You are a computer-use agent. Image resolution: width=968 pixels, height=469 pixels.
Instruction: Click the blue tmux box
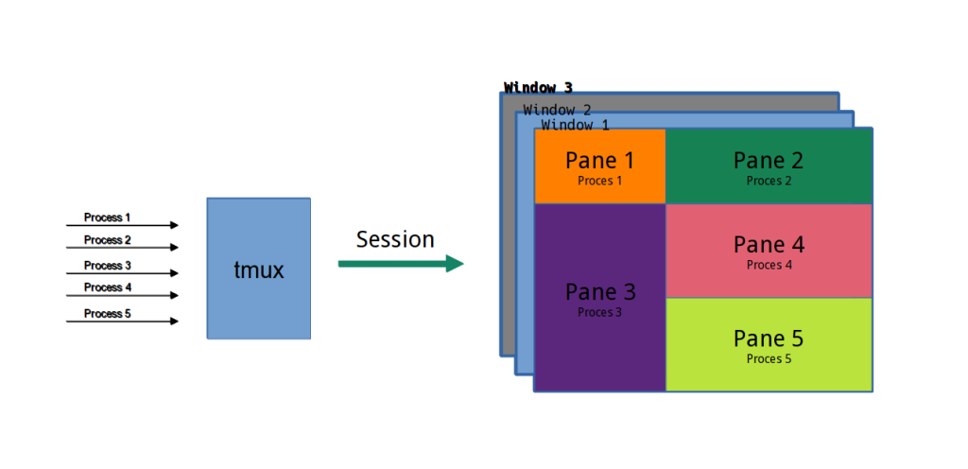258,269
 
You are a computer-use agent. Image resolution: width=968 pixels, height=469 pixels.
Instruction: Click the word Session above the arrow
395,239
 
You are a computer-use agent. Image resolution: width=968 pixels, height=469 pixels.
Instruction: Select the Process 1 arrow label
107,217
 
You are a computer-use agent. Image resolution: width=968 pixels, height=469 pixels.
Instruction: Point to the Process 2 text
107,240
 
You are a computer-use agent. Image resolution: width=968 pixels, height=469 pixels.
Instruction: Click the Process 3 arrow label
107,266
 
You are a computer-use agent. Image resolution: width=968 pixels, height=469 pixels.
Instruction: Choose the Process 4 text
107,287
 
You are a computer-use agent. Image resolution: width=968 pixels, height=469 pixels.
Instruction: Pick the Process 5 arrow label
107,314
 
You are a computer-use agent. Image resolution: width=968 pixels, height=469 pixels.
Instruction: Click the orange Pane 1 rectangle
599,166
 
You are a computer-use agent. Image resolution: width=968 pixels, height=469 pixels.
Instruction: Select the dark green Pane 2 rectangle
769,166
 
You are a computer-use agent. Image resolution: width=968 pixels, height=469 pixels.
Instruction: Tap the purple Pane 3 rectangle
599,297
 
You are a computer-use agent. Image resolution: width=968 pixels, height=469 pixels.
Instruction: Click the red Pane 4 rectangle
769,251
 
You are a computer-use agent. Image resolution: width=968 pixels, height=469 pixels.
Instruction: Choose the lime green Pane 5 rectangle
769,344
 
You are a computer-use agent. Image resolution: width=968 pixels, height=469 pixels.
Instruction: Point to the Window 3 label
538,88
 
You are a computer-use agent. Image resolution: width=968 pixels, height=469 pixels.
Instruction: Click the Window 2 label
557,111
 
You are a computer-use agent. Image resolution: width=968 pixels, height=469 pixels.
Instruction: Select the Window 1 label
575,125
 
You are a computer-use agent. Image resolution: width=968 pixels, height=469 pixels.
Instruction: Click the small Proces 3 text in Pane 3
599,313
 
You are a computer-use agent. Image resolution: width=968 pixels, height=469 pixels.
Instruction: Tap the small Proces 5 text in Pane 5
769,359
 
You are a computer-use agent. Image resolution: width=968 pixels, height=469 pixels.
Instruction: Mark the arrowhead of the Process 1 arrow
174,225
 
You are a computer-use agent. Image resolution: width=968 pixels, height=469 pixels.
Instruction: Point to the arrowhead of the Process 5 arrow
174,321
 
